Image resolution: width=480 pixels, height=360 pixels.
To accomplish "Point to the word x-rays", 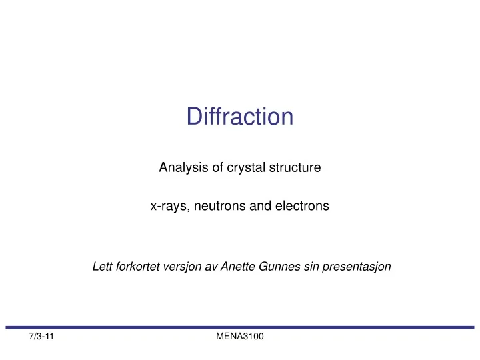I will click(x=167, y=207).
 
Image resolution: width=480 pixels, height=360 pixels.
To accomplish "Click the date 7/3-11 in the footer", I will click(x=41, y=339).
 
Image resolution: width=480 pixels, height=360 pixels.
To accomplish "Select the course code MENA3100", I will click(x=240, y=339).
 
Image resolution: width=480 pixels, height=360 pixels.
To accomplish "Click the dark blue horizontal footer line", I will click(x=240, y=327).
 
